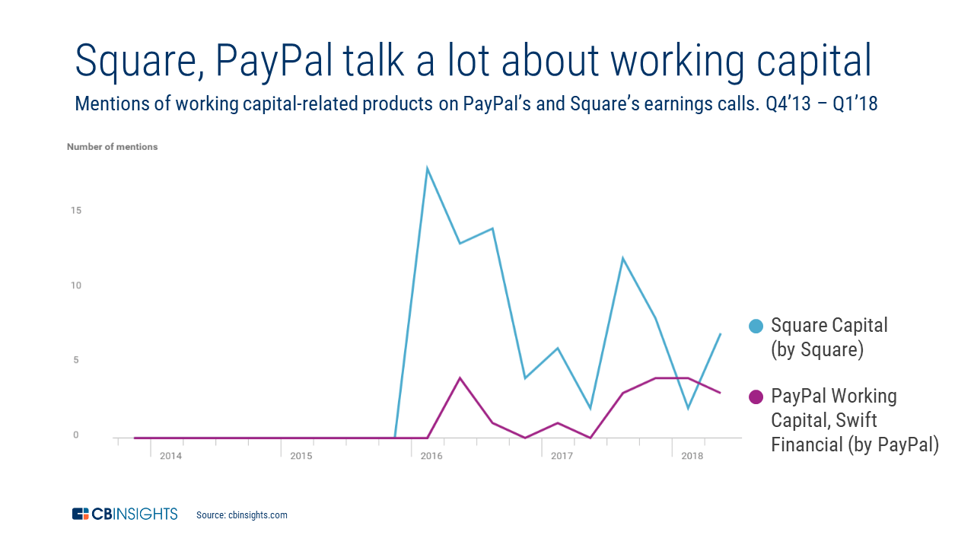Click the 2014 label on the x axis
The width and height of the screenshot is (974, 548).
(170, 456)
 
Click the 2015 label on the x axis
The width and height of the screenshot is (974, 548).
(301, 456)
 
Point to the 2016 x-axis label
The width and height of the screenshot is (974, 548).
(431, 456)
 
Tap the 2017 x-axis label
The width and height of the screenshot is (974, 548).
(562, 456)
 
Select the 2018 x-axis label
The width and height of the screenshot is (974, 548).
(692, 456)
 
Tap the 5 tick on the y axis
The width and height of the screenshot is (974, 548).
(75, 360)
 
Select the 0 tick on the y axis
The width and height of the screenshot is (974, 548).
(75, 435)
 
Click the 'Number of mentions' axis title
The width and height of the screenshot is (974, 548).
(112, 147)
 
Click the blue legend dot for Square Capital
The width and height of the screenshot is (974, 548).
(756, 326)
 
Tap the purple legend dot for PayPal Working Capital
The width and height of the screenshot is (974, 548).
(756, 397)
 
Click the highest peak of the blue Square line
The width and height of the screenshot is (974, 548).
(428, 168)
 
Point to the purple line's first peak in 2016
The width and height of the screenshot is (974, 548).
(460, 378)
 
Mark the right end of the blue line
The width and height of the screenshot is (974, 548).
(720, 334)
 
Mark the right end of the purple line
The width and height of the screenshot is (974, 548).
(720, 393)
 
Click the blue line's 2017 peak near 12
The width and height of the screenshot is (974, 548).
(622, 259)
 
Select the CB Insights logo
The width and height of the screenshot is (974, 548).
(125, 515)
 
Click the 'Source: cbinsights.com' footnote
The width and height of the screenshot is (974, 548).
(242, 515)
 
